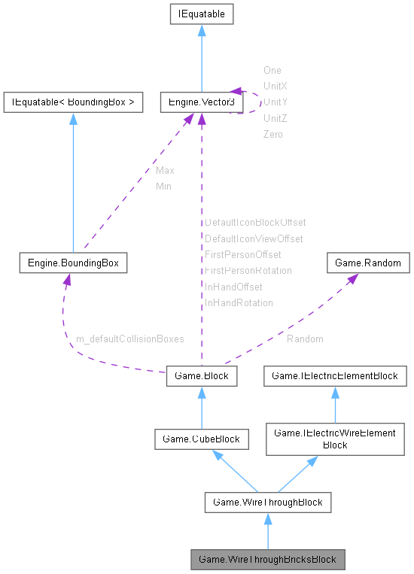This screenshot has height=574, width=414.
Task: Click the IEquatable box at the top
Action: pos(201,14)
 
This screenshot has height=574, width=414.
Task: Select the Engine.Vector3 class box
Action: pos(201,102)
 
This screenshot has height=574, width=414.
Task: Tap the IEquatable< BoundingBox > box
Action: pos(73,102)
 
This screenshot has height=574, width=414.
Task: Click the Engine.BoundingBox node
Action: pos(73,263)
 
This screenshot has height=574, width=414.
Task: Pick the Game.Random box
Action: pos(368,263)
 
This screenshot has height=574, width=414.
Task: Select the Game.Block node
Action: pos(201,375)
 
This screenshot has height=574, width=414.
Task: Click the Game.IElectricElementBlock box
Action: pos(335,375)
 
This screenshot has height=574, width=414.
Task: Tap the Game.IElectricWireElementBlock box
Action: pos(335,439)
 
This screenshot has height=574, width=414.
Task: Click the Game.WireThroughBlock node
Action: pos(267,502)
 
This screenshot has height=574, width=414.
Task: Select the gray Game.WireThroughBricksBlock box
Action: pos(267,559)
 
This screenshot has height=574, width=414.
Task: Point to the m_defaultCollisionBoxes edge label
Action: pos(130,339)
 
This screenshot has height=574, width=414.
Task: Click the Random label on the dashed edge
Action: pos(305,339)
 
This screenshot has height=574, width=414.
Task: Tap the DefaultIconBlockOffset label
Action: pos(255,223)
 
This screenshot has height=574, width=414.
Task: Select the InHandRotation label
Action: pos(239,302)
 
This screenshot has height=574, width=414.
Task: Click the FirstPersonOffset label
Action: pos(242,254)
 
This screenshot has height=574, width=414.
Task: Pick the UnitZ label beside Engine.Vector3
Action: pos(275,118)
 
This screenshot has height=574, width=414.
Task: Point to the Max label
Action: pos(165,171)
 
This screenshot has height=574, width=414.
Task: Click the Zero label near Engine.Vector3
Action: pos(273,134)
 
